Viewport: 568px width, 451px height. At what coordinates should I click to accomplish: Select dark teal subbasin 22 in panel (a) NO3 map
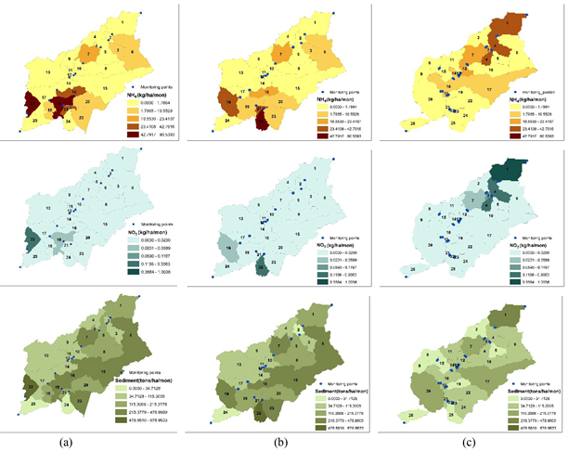click(x=32, y=239)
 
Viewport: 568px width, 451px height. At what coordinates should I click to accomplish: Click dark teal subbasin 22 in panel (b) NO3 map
click(x=261, y=268)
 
